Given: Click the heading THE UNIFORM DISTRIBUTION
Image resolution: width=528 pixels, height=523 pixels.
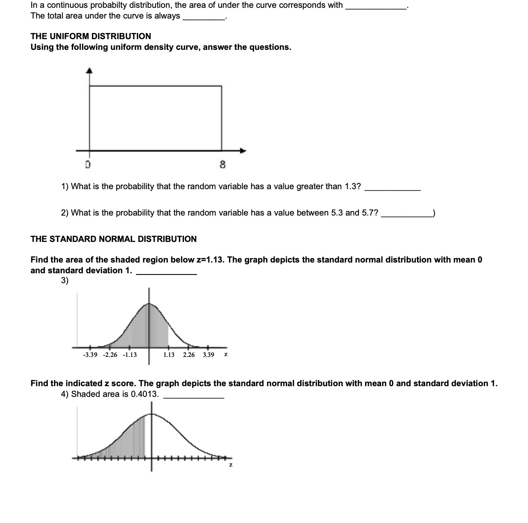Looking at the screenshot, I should click(x=91, y=36).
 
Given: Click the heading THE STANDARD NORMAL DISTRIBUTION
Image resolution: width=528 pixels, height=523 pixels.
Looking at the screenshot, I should click(x=113, y=239).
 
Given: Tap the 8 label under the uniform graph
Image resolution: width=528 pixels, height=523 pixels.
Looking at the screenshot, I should click(x=222, y=165).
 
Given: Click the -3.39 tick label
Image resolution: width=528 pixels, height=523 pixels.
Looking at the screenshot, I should click(x=90, y=355).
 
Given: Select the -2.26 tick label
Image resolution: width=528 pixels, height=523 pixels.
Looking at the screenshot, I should click(x=110, y=355).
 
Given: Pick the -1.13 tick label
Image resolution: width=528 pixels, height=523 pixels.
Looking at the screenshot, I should click(x=130, y=355).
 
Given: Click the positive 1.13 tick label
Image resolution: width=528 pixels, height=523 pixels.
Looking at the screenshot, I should click(x=169, y=355).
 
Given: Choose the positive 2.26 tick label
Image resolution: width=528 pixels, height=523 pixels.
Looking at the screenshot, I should click(x=189, y=355).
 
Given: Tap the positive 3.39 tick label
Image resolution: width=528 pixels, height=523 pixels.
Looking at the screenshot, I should click(x=208, y=355).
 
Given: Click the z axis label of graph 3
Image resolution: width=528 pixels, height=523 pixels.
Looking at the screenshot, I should click(x=226, y=354).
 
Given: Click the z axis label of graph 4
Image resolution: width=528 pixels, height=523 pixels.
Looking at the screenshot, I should click(x=231, y=465).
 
